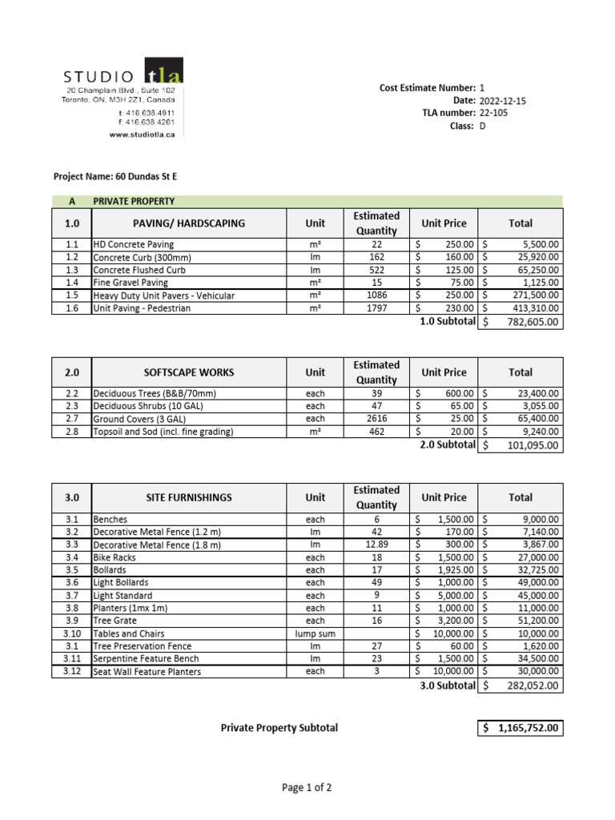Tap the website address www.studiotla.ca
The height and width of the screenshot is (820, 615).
pyautogui.click(x=142, y=135)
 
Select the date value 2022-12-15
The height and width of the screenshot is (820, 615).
pyautogui.click(x=503, y=101)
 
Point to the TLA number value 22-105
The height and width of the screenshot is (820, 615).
pyautogui.click(x=493, y=113)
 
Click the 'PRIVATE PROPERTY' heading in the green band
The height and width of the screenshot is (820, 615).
pyautogui.click(x=134, y=201)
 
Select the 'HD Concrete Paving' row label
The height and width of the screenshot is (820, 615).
pyautogui.click(x=133, y=244)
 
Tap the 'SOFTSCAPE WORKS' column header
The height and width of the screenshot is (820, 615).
pyautogui.click(x=189, y=372)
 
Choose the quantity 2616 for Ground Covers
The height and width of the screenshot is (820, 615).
pyautogui.click(x=376, y=419)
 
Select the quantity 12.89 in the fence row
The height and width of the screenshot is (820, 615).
pyautogui.click(x=376, y=545)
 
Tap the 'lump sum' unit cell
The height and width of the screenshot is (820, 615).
pyautogui.click(x=316, y=633)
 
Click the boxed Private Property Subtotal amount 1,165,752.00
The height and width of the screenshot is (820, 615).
pyautogui.click(x=521, y=728)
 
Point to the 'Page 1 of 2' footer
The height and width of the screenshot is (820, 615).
pyautogui.click(x=307, y=788)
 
